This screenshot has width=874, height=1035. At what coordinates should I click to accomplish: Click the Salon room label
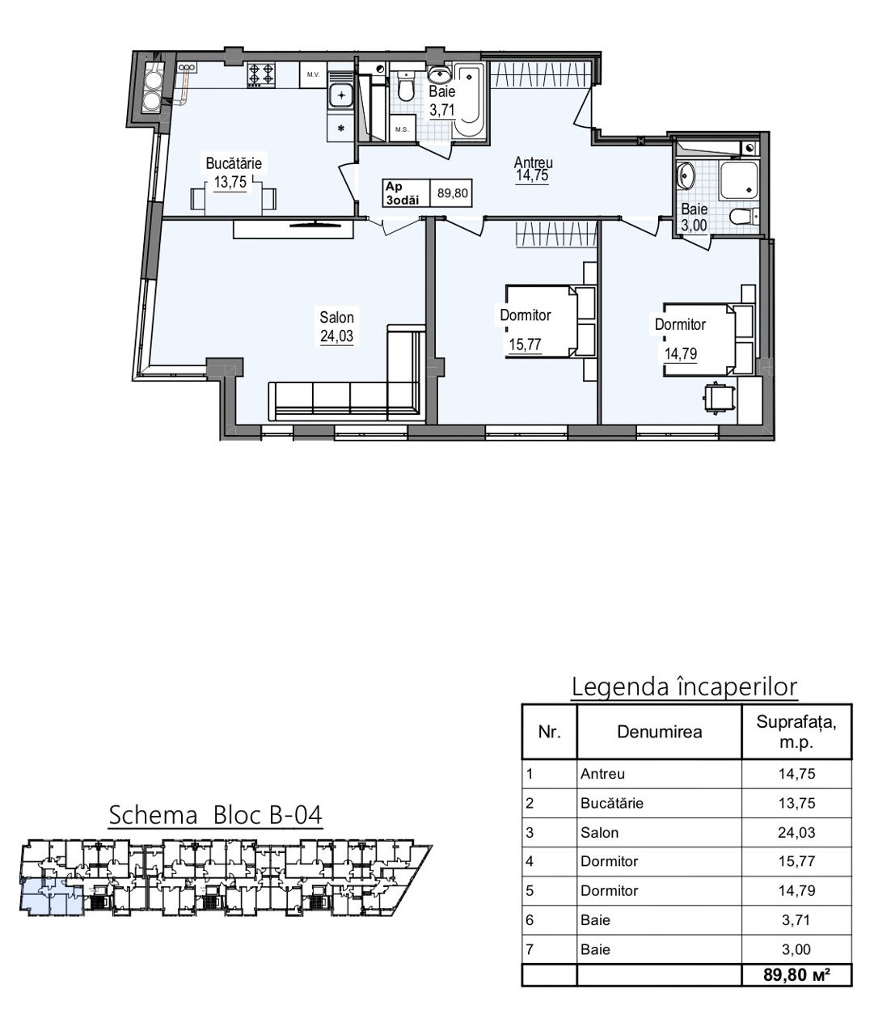click(x=336, y=317)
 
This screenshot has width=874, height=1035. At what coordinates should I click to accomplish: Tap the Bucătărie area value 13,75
click(x=230, y=182)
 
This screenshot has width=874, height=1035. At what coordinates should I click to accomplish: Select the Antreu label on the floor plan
click(x=533, y=162)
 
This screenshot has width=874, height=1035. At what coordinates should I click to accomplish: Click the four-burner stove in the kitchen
click(x=261, y=75)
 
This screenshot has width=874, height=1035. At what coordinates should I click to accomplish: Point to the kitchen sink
click(x=341, y=95)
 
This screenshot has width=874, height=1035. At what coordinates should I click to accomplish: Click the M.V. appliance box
click(x=313, y=75)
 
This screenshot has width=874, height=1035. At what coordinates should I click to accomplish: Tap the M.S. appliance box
click(x=402, y=129)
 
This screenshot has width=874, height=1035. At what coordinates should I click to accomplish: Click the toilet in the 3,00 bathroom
click(x=744, y=217)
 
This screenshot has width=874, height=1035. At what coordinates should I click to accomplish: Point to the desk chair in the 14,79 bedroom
click(x=719, y=395)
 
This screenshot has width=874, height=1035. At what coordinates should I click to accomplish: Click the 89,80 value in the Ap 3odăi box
click(x=452, y=192)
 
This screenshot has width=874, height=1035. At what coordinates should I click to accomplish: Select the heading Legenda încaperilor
click(x=685, y=687)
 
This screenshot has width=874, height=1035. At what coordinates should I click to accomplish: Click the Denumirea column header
click(x=660, y=732)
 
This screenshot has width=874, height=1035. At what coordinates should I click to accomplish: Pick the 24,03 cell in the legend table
click(x=796, y=832)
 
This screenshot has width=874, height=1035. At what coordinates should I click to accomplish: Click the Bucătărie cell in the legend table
click(x=612, y=803)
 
